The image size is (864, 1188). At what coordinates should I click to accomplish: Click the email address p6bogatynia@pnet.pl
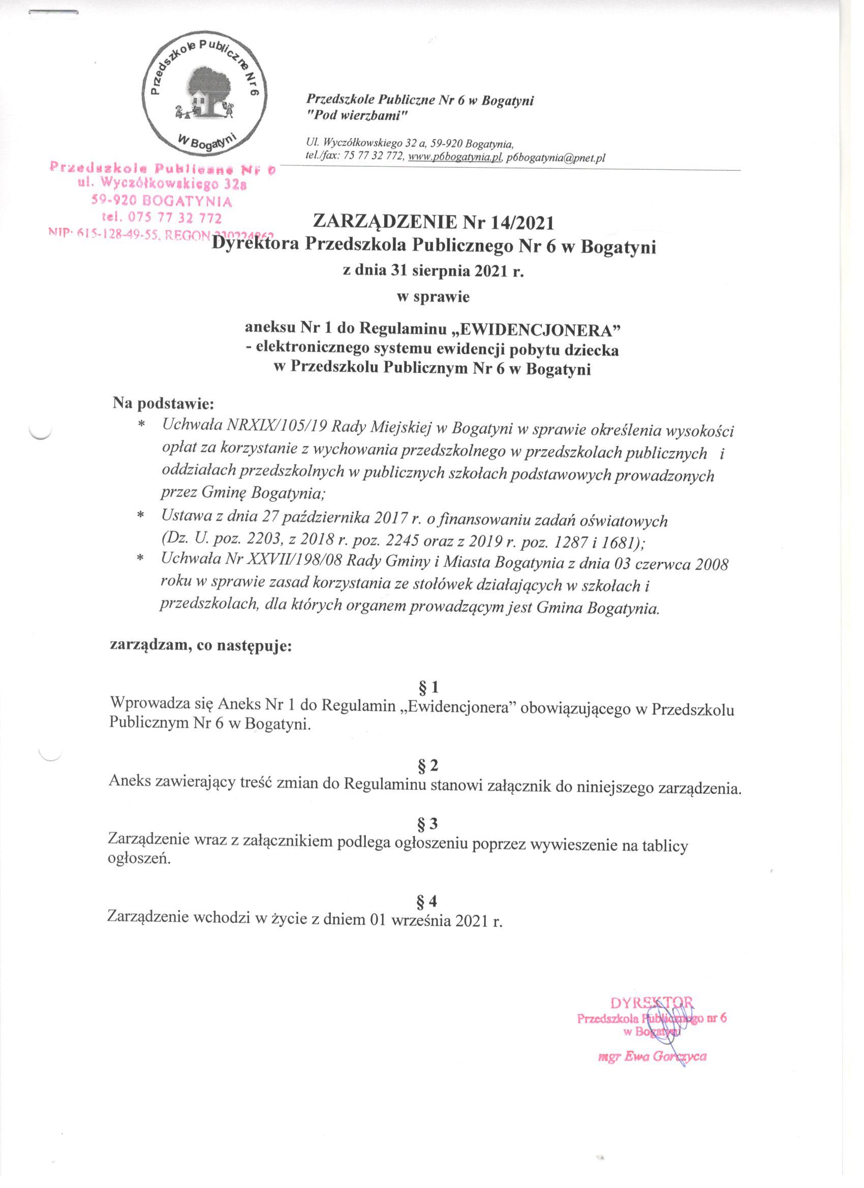point(556,157)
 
